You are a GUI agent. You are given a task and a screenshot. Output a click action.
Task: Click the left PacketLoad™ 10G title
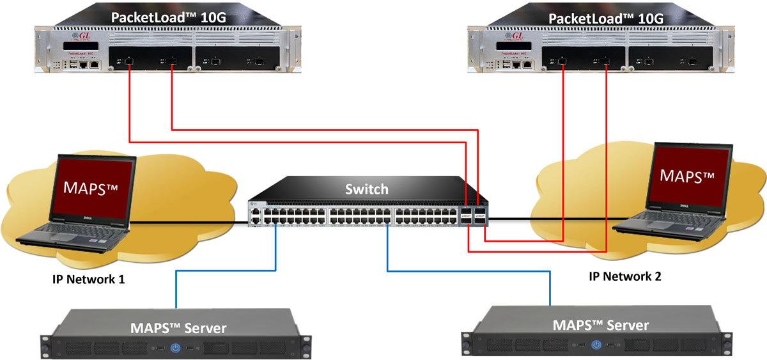(x=170, y=17)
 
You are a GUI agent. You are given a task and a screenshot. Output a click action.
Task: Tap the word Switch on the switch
(x=366, y=189)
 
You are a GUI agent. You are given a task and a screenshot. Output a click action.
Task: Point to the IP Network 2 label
(x=624, y=276)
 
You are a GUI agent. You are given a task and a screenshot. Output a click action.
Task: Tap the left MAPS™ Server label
(x=178, y=328)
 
